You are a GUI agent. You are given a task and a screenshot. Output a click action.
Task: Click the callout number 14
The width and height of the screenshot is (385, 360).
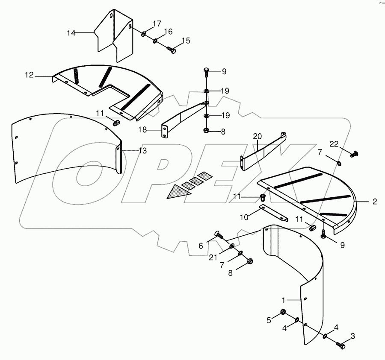71,32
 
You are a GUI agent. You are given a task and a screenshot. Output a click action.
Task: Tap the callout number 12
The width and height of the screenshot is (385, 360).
29,75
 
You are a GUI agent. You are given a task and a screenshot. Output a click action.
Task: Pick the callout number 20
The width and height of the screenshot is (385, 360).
257,137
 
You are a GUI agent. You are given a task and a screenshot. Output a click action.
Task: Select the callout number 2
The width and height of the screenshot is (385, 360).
374,202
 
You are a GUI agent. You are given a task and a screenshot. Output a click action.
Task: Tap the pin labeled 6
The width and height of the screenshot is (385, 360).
218,234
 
